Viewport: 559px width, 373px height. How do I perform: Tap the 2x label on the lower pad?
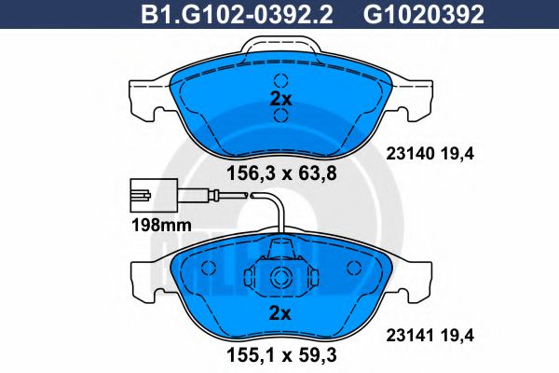[280, 312]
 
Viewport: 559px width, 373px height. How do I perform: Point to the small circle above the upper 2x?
[280, 79]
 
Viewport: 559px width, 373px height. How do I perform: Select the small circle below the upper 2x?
[280, 117]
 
